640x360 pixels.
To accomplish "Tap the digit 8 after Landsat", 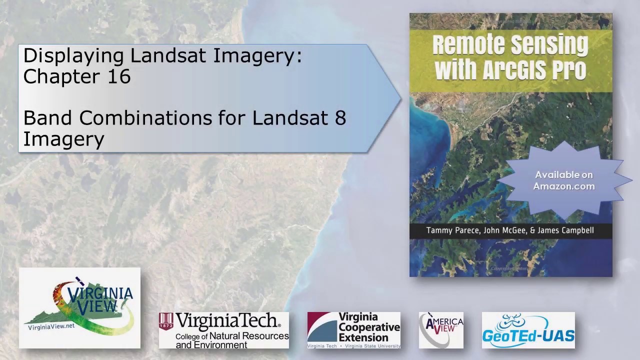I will point(340,118).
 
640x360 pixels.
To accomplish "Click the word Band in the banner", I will point(48,118).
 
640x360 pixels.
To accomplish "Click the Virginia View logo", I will point(79,307).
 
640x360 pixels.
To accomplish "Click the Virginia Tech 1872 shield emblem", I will point(166,321).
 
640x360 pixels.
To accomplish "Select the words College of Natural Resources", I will point(232,336).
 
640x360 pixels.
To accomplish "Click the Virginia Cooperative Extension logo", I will point(353,330).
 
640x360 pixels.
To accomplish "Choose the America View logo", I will point(440,330).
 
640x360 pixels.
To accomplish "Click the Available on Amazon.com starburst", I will point(563,180).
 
